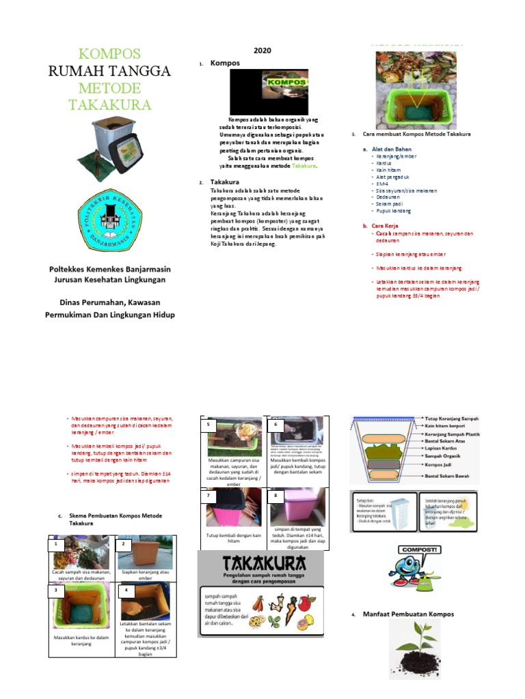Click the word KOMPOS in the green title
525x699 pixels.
point(109,54)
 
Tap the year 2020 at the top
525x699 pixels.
point(262,51)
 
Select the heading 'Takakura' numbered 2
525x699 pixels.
point(224,183)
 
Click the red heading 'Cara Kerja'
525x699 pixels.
point(386,225)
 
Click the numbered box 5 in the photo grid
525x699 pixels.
point(207,424)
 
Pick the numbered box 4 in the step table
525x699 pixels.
point(126,589)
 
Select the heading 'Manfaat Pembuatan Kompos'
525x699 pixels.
point(407,614)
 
